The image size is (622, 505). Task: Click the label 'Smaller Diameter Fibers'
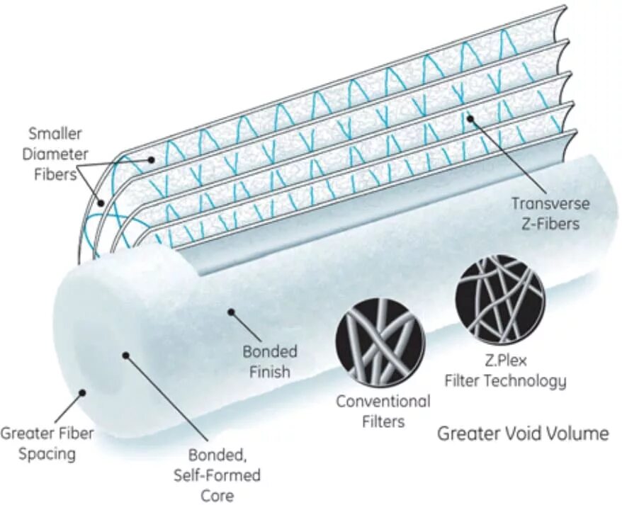(x=53, y=153)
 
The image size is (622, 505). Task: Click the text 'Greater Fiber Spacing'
(x=47, y=443)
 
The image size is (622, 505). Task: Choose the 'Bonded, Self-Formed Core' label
(x=217, y=475)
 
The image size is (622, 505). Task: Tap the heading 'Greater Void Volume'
(x=522, y=433)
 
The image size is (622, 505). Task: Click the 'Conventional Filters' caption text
(x=383, y=411)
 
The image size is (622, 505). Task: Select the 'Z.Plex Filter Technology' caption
(x=505, y=372)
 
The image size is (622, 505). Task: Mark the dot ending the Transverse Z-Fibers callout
(x=470, y=122)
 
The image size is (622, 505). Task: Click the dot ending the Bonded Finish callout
(x=230, y=310)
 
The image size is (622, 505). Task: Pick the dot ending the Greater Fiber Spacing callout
(x=83, y=391)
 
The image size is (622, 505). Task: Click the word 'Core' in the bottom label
(x=217, y=494)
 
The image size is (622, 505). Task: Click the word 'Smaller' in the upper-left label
(x=55, y=134)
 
